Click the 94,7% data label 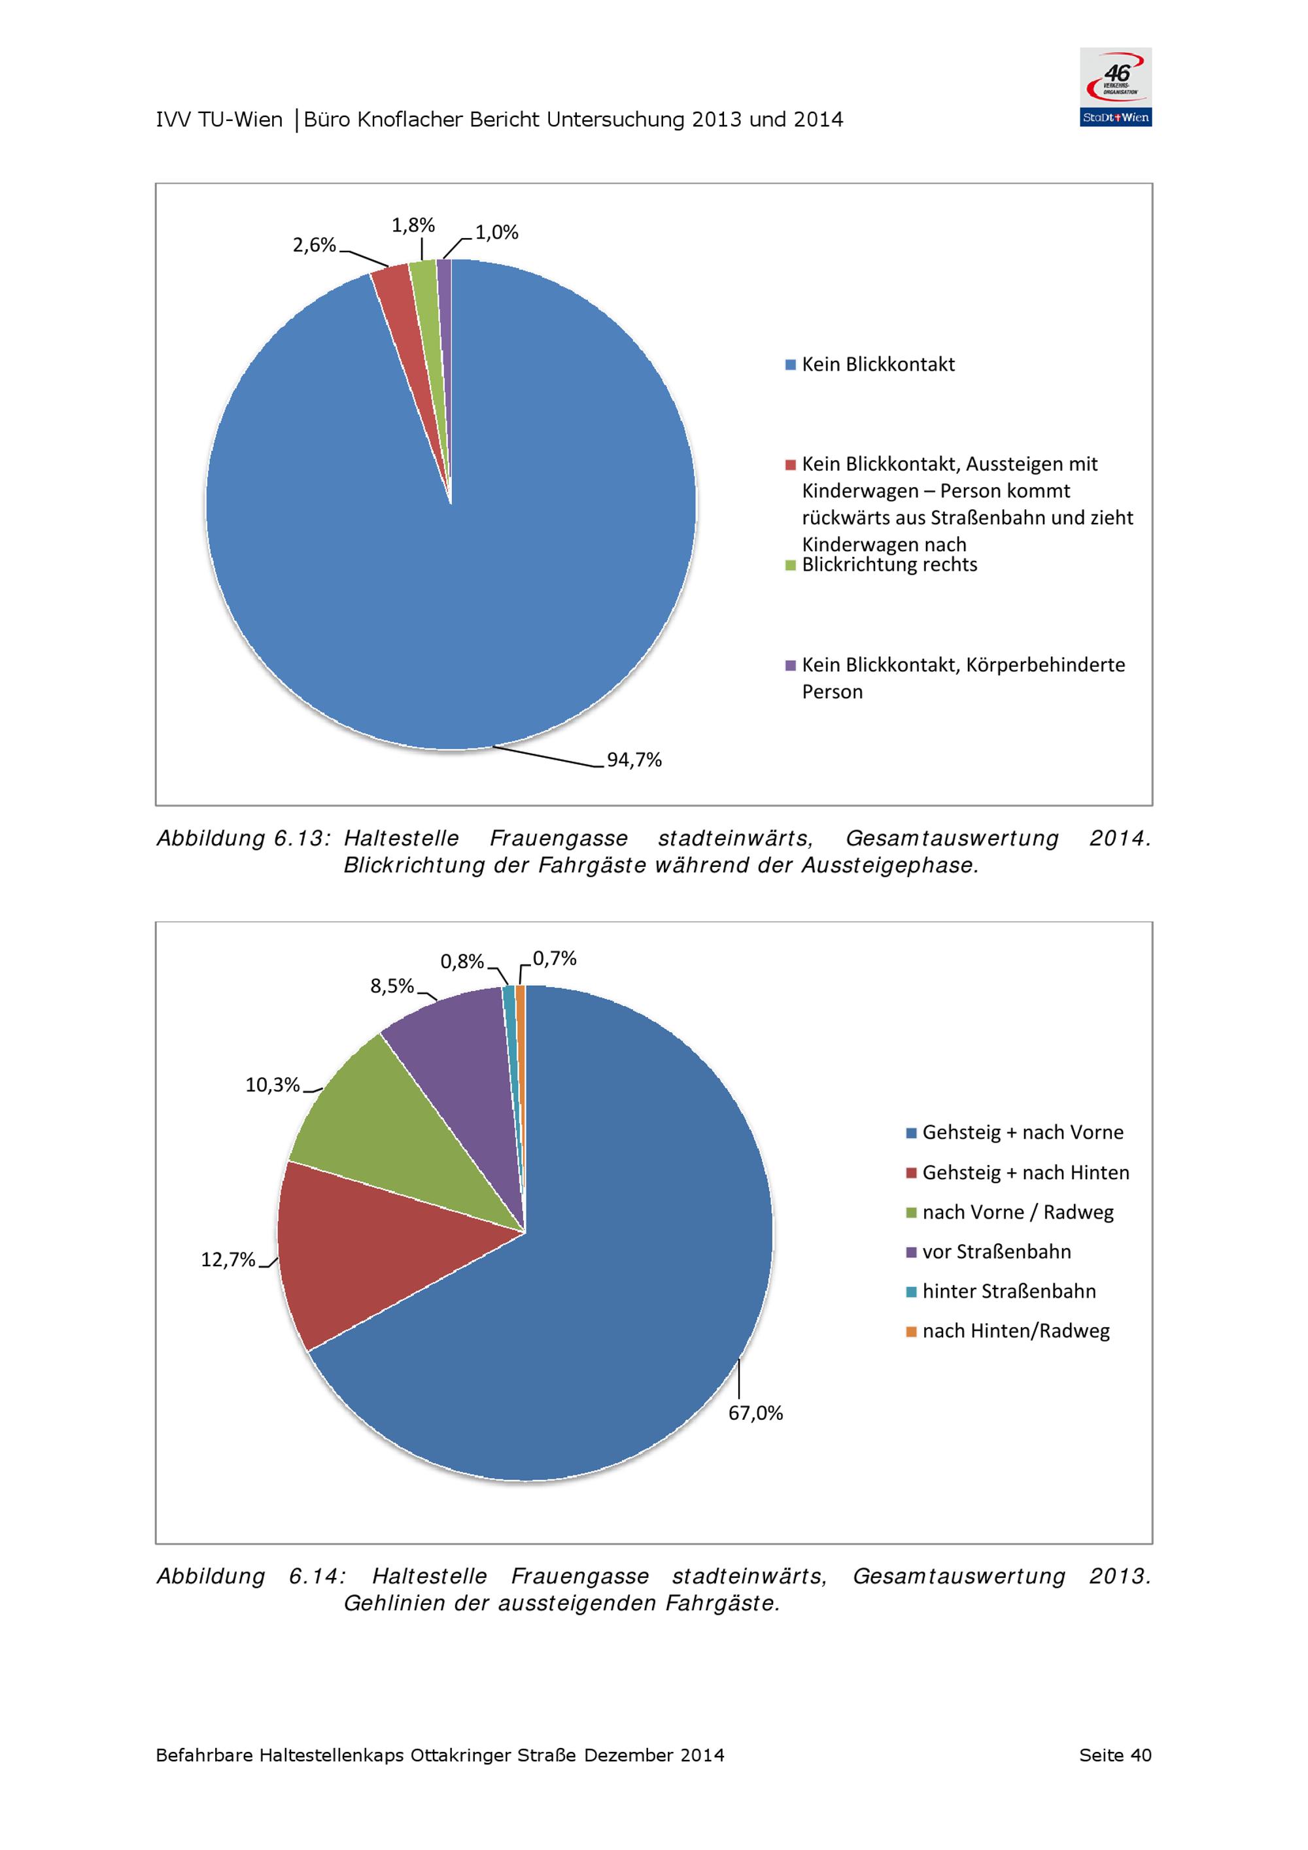point(634,760)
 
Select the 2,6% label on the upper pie point(315,245)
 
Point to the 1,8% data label point(413,225)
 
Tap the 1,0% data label point(496,232)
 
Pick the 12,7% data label point(228,1260)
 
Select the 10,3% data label point(273,1085)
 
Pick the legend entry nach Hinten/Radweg point(1008,1330)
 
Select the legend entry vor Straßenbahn point(989,1251)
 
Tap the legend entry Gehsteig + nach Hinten point(1018,1172)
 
